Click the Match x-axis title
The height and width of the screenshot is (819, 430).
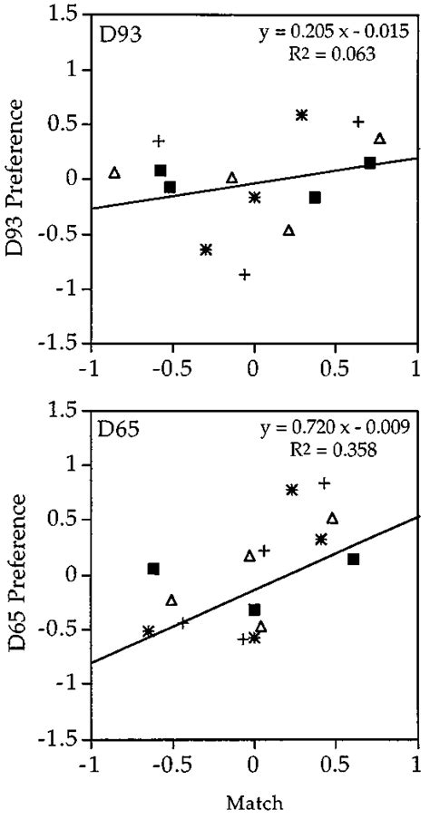(254, 803)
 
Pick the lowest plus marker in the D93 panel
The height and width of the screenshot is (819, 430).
(244, 274)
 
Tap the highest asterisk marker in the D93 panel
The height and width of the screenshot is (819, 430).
(302, 114)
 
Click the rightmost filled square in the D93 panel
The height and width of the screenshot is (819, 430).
(370, 162)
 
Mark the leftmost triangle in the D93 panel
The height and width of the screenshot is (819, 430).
(114, 172)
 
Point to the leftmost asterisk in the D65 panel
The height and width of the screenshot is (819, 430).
(149, 630)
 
